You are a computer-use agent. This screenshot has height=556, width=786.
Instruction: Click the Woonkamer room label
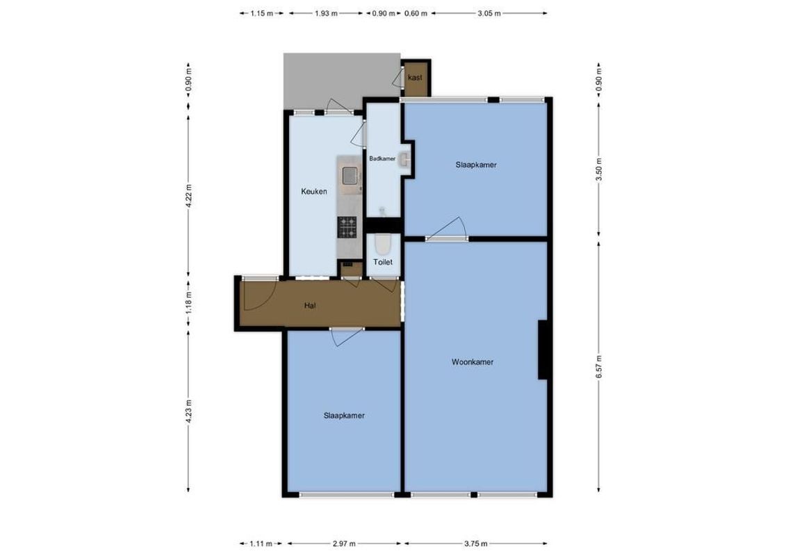[x=472, y=362]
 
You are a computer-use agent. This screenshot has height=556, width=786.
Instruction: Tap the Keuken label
[x=313, y=192]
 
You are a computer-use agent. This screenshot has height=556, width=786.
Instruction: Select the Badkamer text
[x=382, y=158]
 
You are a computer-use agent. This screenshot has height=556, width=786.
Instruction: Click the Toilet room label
[x=383, y=262]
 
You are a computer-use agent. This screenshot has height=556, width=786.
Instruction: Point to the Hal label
[x=311, y=305]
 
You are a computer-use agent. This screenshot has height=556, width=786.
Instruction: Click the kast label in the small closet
[x=416, y=77]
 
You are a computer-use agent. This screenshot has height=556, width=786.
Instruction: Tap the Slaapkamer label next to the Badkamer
[x=476, y=165]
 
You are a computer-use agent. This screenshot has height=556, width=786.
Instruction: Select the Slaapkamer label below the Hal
[x=344, y=416]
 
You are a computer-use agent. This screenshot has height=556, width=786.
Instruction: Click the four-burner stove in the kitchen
[x=347, y=224]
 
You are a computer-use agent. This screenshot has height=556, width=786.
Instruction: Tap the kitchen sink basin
[x=350, y=177]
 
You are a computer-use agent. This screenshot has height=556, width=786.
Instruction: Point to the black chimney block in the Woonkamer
[x=545, y=350]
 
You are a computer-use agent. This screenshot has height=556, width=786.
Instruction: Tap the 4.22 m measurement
[x=189, y=192]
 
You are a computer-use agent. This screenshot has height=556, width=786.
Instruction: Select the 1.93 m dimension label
[x=326, y=13]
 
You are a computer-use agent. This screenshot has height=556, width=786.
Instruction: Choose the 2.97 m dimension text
[x=344, y=544]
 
